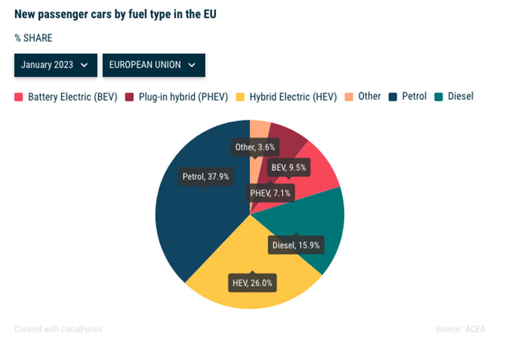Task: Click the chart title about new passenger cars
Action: click(x=115, y=14)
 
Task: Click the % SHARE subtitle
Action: click(x=33, y=38)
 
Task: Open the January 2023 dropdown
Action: click(x=55, y=65)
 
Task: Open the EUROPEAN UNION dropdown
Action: click(x=154, y=65)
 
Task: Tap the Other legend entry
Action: click(x=363, y=96)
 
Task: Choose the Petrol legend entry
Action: click(x=408, y=96)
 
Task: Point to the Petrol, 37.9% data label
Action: click(x=205, y=176)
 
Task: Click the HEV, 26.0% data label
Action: click(x=252, y=283)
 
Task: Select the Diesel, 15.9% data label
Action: click(x=296, y=245)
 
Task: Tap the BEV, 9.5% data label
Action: click(x=288, y=168)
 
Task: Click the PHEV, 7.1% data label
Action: click(x=270, y=193)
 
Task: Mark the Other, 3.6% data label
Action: click(x=254, y=147)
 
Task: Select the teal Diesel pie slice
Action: click(x=321, y=222)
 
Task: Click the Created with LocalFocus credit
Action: click(x=58, y=329)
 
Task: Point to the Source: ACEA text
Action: click(x=460, y=329)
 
